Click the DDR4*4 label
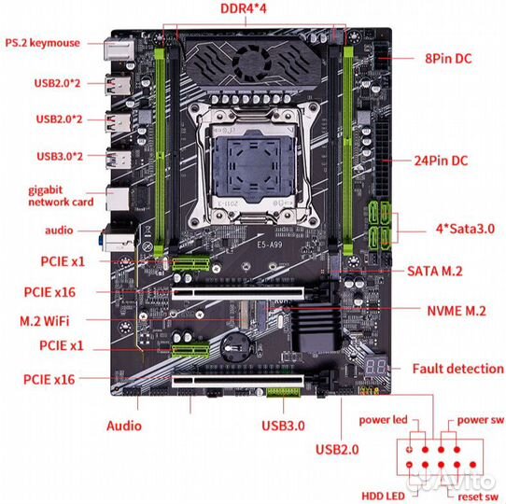point(244,8)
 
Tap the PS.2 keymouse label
point(42,43)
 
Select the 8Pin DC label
point(448,59)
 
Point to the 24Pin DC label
point(441,161)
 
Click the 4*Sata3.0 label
point(465,229)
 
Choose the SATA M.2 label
point(435,271)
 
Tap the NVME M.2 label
point(457,311)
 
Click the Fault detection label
point(457,369)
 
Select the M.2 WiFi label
point(45,321)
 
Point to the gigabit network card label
point(61,196)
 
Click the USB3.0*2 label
point(60,157)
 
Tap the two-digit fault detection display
point(376,367)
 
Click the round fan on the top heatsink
point(249,63)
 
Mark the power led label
point(383,420)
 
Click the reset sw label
point(478,497)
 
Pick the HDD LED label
point(383,496)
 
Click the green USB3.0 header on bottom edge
point(283,392)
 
